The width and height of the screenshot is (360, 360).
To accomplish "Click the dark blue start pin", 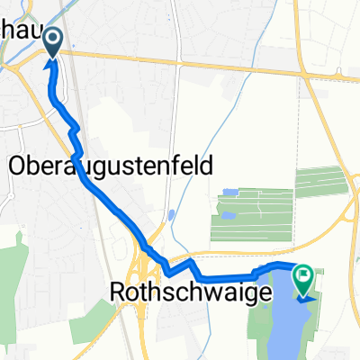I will click(x=52, y=40).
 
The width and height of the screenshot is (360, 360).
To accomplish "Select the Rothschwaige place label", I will click(x=180, y=292).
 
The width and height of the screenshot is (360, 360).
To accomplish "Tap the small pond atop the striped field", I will click(x=228, y=193).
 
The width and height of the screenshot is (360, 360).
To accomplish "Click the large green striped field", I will click(x=252, y=216).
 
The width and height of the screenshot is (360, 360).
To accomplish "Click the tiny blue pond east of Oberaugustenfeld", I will click(x=171, y=215).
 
